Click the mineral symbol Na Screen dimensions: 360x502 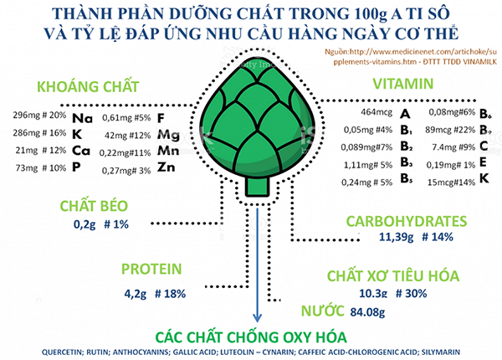[x=82, y=119]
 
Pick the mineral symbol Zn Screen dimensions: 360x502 [x=167, y=171]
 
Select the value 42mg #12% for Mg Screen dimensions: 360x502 [x=125, y=135]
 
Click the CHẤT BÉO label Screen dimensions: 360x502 [x=90, y=206]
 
